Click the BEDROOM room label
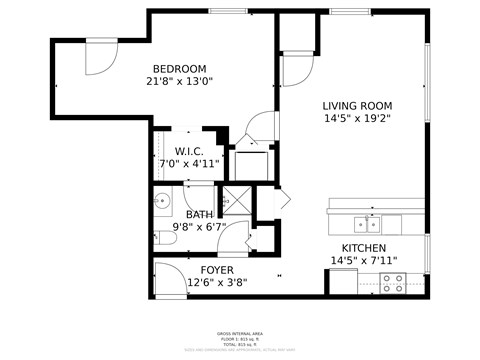coord(180,68)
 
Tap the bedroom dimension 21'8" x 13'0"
coord(180,82)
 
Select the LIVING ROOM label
coord(356,105)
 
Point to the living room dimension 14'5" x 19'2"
coord(356,118)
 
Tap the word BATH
coord(199,214)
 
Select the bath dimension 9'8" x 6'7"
coord(199,227)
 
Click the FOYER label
coord(217,270)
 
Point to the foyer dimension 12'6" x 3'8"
coord(217,283)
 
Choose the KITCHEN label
coord(364,248)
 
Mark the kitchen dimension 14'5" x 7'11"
coord(364,261)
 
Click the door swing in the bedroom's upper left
coord(100,56)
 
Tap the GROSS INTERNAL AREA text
coord(240,333)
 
